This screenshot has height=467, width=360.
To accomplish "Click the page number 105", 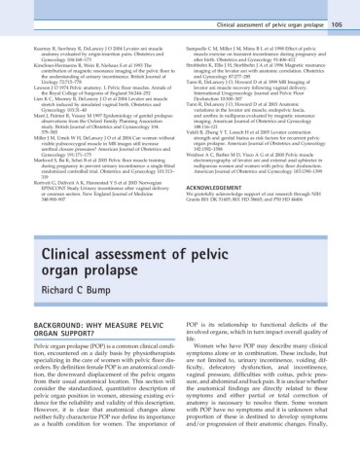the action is (340, 12).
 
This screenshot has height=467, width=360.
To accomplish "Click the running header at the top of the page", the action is (267, 12).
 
